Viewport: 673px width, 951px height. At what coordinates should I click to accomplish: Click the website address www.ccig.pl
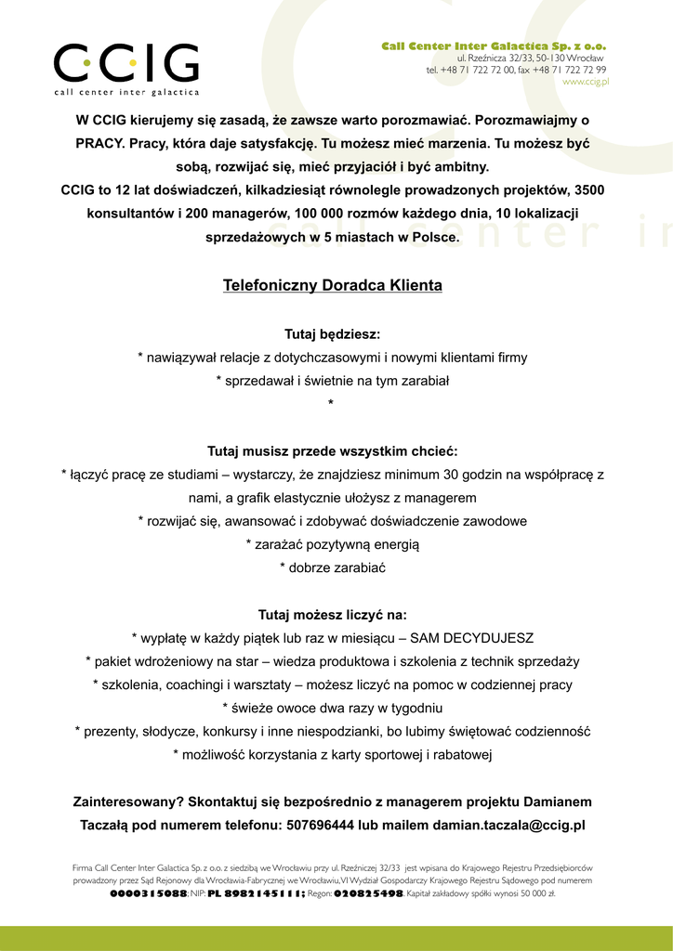pyautogui.click(x=585, y=82)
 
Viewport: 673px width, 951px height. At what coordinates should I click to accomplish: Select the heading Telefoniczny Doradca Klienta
pyautogui.click(x=332, y=285)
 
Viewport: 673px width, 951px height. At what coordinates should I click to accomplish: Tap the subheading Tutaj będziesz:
pyautogui.click(x=332, y=333)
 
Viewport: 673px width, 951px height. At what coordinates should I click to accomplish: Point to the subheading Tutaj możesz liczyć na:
pyautogui.click(x=332, y=615)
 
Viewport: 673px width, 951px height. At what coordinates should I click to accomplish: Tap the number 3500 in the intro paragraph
pyautogui.click(x=589, y=190)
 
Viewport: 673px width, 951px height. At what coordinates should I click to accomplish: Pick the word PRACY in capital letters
pyautogui.click(x=99, y=144)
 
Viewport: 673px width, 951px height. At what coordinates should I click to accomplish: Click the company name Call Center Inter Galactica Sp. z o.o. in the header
pyautogui.click(x=494, y=46)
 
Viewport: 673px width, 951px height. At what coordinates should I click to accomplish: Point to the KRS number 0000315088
pyautogui.click(x=148, y=893)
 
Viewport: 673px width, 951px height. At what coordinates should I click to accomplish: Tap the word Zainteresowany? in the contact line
pyautogui.click(x=128, y=801)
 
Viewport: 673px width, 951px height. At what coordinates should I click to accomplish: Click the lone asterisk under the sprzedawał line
pyautogui.click(x=331, y=403)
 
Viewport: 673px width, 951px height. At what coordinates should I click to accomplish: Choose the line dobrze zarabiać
pyautogui.click(x=332, y=567)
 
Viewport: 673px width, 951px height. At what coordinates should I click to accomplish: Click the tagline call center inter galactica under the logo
pyautogui.click(x=125, y=92)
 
